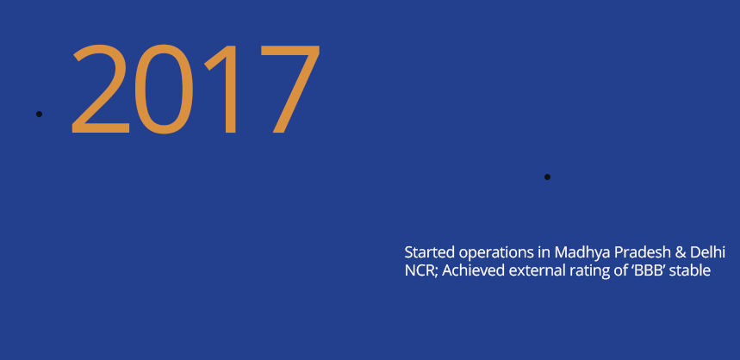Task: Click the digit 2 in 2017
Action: pyautogui.click(x=101, y=88)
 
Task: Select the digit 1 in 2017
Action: pyautogui.click(x=221, y=90)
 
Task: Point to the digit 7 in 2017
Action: pyautogui.click(x=290, y=90)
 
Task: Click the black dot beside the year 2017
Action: pyautogui.click(x=39, y=115)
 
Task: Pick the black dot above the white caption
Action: pyautogui.click(x=547, y=177)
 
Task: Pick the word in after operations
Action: pyautogui.click(x=544, y=252)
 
